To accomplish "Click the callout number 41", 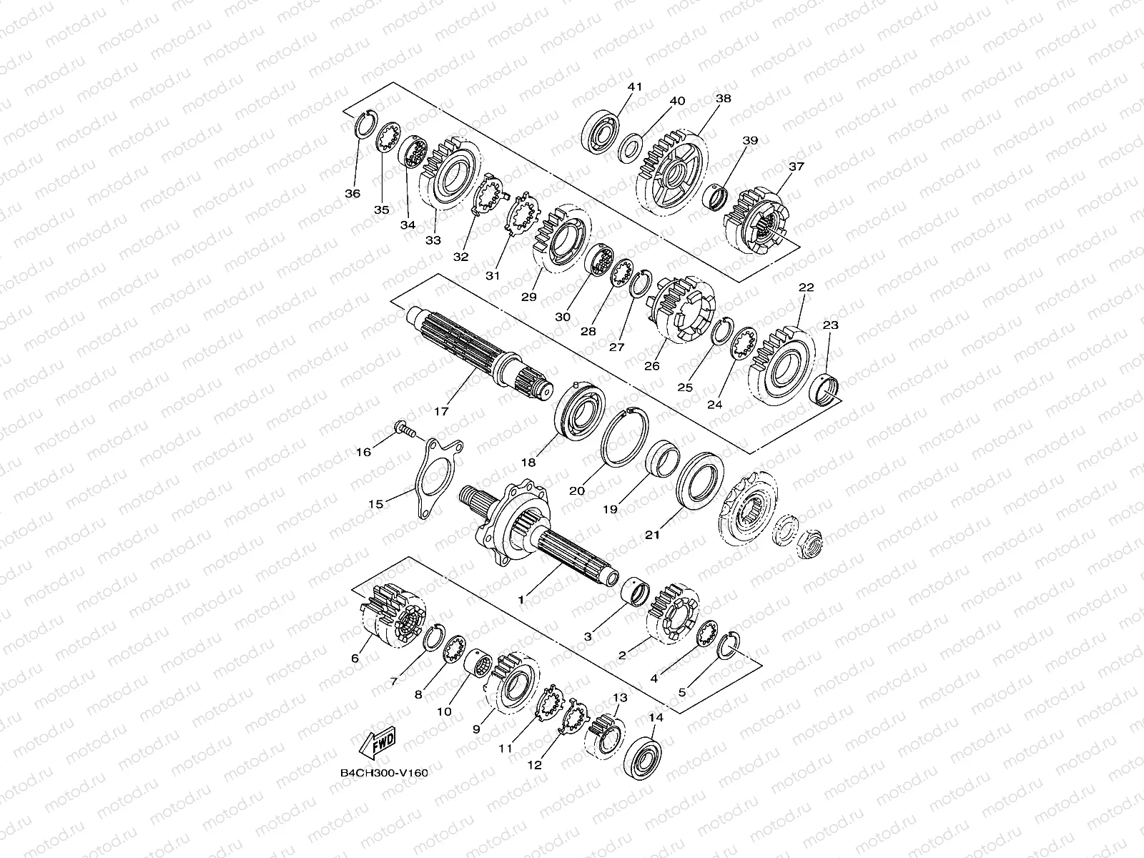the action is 634,87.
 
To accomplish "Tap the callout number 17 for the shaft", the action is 441,412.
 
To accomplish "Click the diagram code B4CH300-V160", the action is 384,773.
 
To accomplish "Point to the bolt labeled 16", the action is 405,429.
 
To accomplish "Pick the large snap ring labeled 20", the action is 624,437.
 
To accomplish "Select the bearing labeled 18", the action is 580,410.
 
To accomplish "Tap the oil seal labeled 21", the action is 699,480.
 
